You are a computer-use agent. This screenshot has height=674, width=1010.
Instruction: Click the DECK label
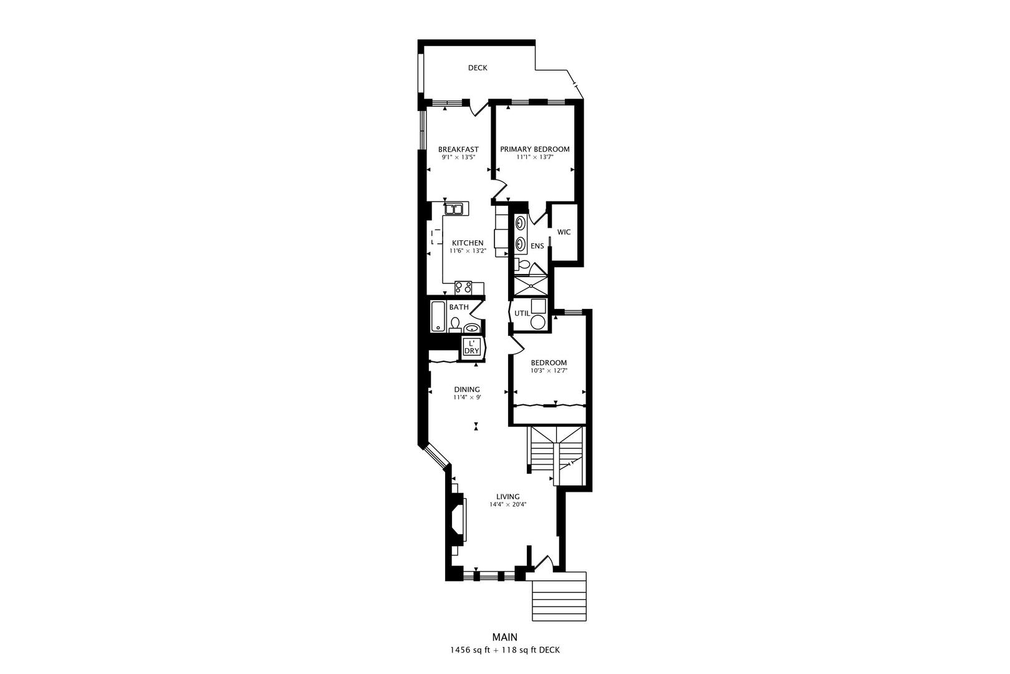(478, 68)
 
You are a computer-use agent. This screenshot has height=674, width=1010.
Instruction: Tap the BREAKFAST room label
(458, 149)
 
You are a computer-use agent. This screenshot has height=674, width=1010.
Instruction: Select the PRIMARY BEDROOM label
(535, 149)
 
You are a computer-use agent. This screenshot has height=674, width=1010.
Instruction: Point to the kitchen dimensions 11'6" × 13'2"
(468, 251)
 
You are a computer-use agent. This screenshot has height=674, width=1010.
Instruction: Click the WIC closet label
(564, 232)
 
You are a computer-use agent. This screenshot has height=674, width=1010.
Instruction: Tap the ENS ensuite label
(537, 246)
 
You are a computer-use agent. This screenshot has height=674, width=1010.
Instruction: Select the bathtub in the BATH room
(438, 316)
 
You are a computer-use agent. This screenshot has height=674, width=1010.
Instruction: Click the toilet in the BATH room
(455, 325)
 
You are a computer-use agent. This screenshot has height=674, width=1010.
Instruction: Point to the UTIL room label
(522, 313)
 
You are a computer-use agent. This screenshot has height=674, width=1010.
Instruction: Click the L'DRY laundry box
(471, 347)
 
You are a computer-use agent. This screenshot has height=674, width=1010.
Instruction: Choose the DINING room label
(467, 389)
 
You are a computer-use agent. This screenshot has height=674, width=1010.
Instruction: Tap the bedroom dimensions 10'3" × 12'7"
(549, 371)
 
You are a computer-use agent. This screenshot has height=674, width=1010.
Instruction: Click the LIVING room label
(507, 497)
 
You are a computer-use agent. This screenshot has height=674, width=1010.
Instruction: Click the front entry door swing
(544, 564)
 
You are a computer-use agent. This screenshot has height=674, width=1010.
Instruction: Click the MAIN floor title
(504, 637)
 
